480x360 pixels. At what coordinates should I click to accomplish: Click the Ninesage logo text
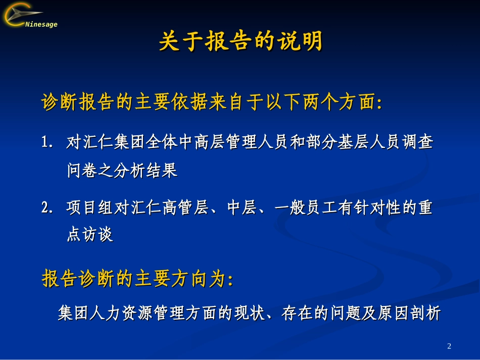pyautogui.click(x=41, y=24)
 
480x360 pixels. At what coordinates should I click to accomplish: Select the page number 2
pyautogui.click(x=449, y=346)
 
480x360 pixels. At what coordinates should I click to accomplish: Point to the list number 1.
pyautogui.click(x=47, y=142)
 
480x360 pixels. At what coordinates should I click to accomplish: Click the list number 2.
pyautogui.click(x=47, y=208)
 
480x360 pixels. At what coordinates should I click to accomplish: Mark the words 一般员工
pyautogui.click(x=306, y=208)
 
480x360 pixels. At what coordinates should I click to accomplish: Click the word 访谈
pyautogui.click(x=98, y=235)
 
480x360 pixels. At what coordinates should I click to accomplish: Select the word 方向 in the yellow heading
pyautogui.click(x=190, y=279)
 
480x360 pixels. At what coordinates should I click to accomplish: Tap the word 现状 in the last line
pyautogui.click(x=250, y=313)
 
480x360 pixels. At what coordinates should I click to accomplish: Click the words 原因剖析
pyautogui.click(x=409, y=313)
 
